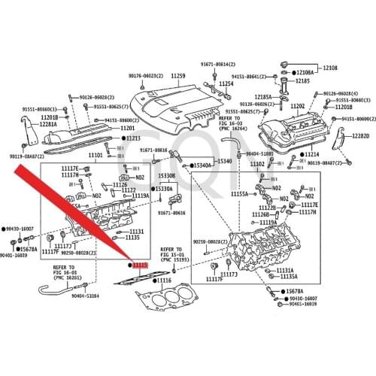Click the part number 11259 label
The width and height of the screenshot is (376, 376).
(177, 77)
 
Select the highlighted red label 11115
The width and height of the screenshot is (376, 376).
(141, 265)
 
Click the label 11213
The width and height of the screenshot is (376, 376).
(132, 138)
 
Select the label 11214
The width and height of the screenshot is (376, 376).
(311, 153)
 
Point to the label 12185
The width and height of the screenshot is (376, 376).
(302, 80)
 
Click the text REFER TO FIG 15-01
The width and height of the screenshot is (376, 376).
(171, 253)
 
